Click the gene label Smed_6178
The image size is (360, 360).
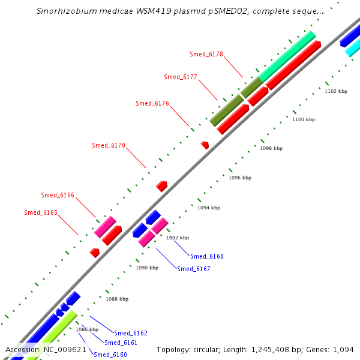[x=206, y=54]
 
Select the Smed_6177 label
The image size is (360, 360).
[x=181, y=77]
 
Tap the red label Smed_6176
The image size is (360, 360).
[x=152, y=103]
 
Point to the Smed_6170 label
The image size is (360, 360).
[x=109, y=145]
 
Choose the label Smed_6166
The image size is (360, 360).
[x=58, y=195]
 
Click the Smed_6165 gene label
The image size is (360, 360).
[x=41, y=212]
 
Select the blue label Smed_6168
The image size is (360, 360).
[x=207, y=256]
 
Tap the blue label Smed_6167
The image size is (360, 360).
[x=194, y=269]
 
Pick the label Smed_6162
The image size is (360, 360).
[x=131, y=333]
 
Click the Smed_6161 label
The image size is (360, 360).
[x=121, y=343]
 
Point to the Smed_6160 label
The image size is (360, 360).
[x=110, y=355]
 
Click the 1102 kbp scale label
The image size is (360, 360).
[x=336, y=91]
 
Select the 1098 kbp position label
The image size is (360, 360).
[x=271, y=148]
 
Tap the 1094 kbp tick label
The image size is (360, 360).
[x=209, y=208]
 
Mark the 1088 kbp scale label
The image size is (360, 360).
[x=117, y=299]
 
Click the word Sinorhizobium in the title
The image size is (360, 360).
[x=64, y=11]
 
